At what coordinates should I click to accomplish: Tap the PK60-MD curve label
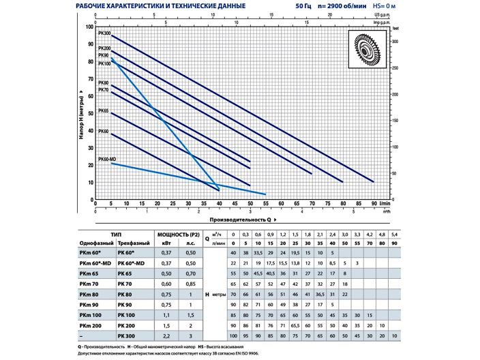pyautogui.click(x=106, y=159)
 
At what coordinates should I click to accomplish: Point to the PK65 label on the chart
pyautogui.click(x=104, y=110)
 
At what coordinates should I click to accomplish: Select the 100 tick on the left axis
pyautogui.click(x=89, y=27)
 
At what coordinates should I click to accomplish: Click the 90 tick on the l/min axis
pyautogui.click(x=374, y=204)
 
